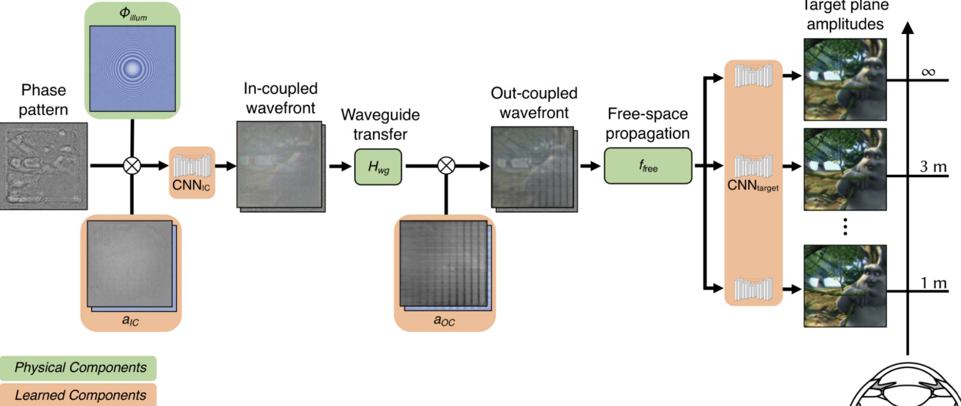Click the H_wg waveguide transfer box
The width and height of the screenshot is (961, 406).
(x=378, y=167)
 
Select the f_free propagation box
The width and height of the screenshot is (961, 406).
(x=648, y=166)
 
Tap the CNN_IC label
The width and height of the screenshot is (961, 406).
(x=191, y=185)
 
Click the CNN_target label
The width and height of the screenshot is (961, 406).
(x=753, y=186)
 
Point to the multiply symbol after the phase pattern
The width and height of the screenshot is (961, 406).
(x=132, y=166)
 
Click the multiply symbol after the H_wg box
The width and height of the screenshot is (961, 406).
(x=446, y=166)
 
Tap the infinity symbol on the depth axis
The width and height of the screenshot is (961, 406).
(x=928, y=72)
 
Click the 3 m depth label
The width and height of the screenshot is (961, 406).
(x=933, y=167)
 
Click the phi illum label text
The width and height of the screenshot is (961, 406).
(x=133, y=14)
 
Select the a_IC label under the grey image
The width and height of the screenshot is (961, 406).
(x=130, y=320)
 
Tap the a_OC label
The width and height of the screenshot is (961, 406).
(x=444, y=321)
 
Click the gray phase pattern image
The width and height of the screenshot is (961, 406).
(x=43, y=166)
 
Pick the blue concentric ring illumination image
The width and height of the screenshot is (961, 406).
(x=132, y=69)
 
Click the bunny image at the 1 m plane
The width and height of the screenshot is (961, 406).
(x=845, y=286)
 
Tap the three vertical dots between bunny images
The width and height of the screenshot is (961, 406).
(x=845, y=227)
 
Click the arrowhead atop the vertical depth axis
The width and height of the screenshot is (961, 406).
(x=907, y=27)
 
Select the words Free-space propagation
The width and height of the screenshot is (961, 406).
(x=647, y=124)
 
